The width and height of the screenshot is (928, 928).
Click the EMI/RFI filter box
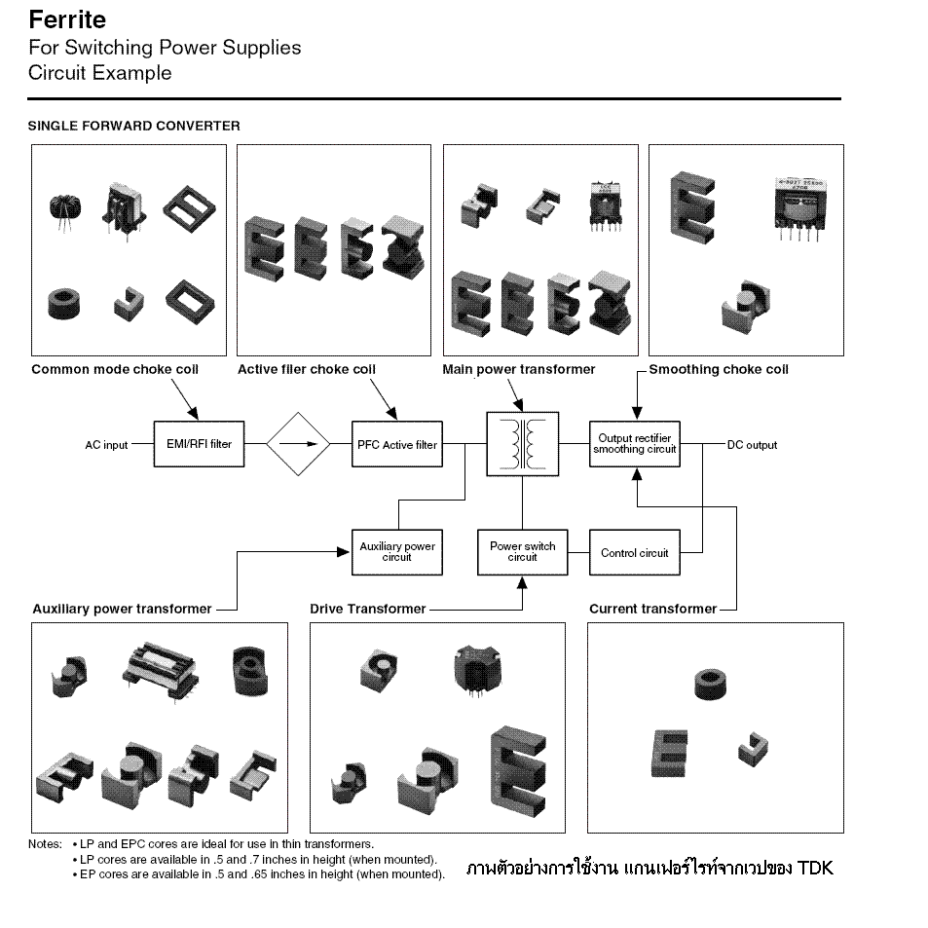[x=199, y=444]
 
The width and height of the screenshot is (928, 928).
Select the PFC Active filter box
[x=397, y=444]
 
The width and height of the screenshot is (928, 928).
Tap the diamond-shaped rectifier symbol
[x=298, y=444]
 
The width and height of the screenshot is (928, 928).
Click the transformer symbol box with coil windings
[x=523, y=444]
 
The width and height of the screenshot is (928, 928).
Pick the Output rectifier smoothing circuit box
[x=635, y=444]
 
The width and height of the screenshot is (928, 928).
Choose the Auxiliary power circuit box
[x=397, y=552]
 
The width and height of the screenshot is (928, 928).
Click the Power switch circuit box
[x=523, y=552]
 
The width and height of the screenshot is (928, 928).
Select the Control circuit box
[x=635, y=552]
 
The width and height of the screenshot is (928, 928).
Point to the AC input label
[x=106, y=445]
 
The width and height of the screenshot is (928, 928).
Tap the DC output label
[x=752, y=445]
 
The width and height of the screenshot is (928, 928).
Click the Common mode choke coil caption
[x=115, y=369]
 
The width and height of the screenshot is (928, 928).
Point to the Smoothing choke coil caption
[x=719, y=369]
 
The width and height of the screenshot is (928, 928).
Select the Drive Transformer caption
[x=367, y=609]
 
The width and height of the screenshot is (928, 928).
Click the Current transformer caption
[x=652, y=609]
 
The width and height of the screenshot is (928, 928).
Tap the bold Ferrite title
[x=67, y=19]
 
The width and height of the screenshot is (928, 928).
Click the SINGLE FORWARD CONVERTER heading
[x=133, y=126]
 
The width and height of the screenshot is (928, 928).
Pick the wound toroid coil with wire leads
[x=65, y=212]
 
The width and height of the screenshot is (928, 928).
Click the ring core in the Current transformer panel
[x=710, y=685]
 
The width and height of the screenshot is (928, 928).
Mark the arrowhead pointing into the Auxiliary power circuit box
[x=344, y=552]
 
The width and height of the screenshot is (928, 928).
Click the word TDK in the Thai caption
[x=815, y=869]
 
